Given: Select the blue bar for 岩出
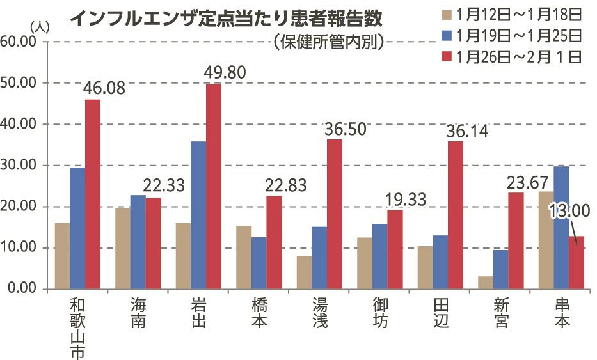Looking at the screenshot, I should coord(198,215).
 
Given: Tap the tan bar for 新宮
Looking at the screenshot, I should coord(486,282).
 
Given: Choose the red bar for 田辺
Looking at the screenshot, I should coord(456,215).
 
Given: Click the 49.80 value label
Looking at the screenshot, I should coord(225,72).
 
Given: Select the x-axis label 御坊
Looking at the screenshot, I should coord(380,311).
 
